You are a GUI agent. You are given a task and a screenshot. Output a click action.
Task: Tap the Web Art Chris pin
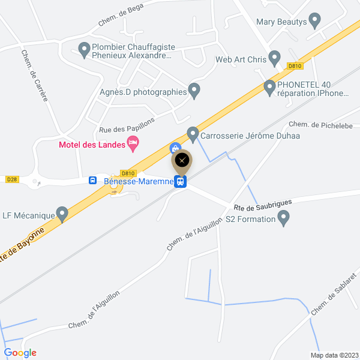[x=275, y=59]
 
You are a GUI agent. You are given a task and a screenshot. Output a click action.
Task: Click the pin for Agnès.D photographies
[x=194, y=91]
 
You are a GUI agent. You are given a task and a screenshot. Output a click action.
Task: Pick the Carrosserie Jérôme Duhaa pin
[x=193, y=134]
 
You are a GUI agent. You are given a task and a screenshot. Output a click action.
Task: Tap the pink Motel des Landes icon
[x=133, y=143]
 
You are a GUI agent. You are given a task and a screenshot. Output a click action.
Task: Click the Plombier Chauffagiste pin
[x=84, y=47]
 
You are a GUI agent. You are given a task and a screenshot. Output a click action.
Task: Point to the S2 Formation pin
[x=284, y=219]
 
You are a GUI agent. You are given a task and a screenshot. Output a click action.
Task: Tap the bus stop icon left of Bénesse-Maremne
[x=93, y=180]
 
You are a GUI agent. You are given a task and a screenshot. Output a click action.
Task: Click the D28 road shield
[x=12, y=179]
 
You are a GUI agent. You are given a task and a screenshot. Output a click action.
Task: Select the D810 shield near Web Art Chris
[x=294, y=66]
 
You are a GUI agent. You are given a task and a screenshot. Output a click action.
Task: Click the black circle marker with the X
[x=182, y=160]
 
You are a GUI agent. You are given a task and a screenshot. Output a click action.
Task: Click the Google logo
[x=20, y=353]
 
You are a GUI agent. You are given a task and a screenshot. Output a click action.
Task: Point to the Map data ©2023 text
[x=334, y=355]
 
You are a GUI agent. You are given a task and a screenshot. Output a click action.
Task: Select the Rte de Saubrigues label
[x=263, y=205]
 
